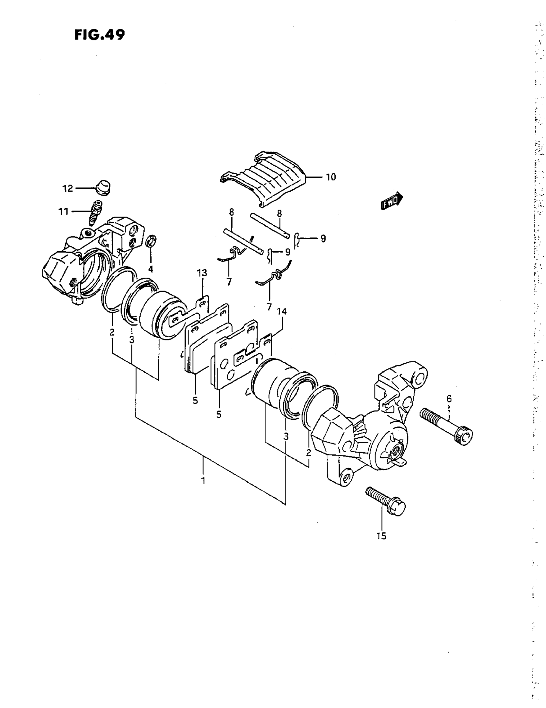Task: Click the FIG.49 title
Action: (x=99, y=35)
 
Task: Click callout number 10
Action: (x=331, y=177)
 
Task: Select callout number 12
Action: (x=67, y=188)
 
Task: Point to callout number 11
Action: (x=63, y=212)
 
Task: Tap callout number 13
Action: (x=202, y=273)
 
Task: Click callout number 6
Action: (x=449, y=398)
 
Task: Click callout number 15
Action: (x=382, y=536)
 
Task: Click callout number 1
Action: (x=203, y=480)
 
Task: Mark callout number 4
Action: (x=151, y=269)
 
